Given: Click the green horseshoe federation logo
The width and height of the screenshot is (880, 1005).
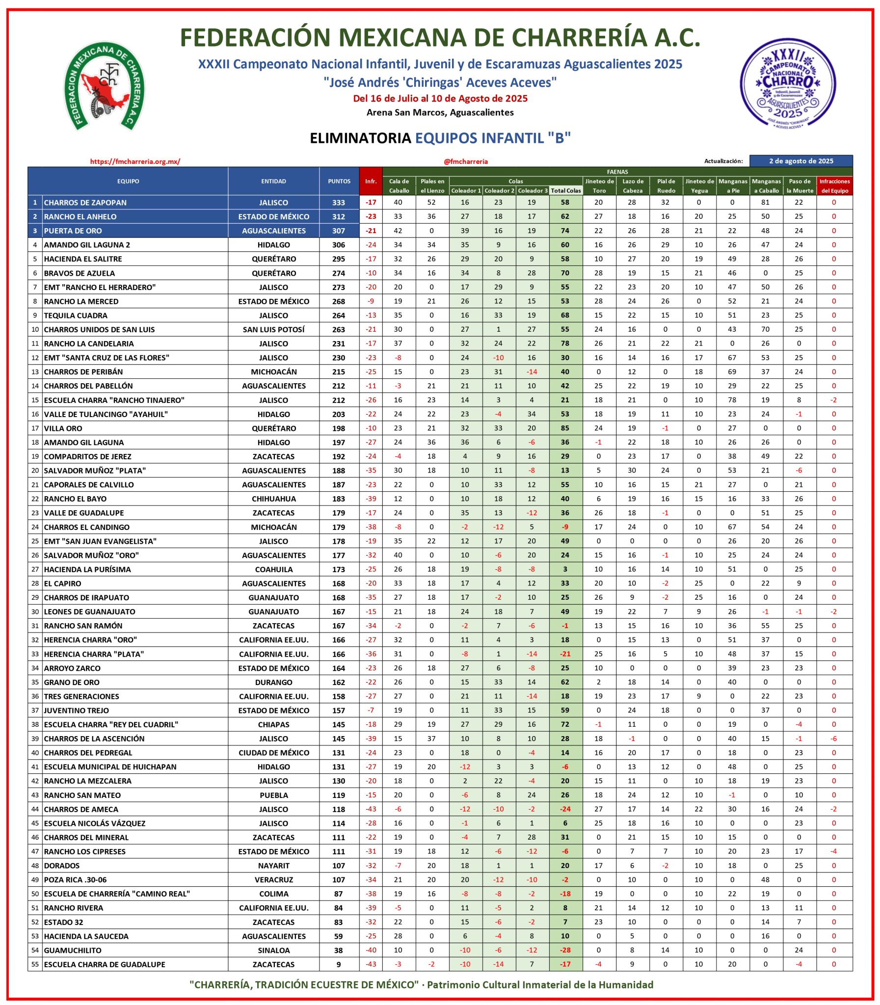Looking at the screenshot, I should click(x=104, y=86).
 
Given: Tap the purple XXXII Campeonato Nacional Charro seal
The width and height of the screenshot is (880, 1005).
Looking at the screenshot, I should click(x=788, y=83).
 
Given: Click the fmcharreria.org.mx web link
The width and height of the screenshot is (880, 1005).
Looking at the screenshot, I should click(x=135, y=161).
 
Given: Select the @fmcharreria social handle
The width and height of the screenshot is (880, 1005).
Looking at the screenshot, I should click(x=465, y=161).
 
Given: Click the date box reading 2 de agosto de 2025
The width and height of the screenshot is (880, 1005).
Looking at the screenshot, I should click(x=801, y=161).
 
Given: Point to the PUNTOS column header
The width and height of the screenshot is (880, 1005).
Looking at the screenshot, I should click(x=339, y=181).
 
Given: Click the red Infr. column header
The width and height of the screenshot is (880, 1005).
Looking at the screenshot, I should click(x=371, y=181).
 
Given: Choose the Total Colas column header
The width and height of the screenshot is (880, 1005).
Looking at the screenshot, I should click(x=566, y=190).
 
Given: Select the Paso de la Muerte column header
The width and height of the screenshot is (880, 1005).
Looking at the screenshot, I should click(x=800, y=186).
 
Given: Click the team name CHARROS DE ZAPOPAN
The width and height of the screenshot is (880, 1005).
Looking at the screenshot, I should click(x=85, y=202).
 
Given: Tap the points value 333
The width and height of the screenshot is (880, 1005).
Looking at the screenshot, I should click(x=338, y=202).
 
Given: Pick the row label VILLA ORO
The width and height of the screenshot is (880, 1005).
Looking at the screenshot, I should click(x=63, y=428).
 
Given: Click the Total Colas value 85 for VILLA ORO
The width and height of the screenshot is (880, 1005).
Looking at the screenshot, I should click(x=565, y=428).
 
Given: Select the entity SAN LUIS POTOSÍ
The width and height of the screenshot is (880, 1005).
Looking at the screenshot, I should click(x=273, y=329).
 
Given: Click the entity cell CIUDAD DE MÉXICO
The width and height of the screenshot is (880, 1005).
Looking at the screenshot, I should click(x=273, y=753).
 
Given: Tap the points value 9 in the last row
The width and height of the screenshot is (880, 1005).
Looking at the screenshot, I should click(x=338, y=964).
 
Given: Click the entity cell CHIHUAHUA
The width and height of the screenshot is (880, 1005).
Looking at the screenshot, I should click(x=273, y=499).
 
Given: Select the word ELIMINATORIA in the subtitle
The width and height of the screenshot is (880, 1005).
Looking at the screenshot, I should click(x=360, y=138).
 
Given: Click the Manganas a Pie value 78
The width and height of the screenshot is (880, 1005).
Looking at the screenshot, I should click(x=732, y=400).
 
